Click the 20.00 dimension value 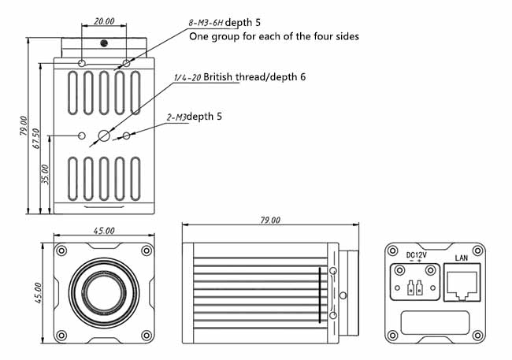click(103, 22)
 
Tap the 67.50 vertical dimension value click(35, 133)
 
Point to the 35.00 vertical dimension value click(45, 173)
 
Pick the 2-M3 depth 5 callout click(194, 117)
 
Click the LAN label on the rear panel click(462, 258)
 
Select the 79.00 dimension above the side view click(269, 221)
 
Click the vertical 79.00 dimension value click(24, 125)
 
